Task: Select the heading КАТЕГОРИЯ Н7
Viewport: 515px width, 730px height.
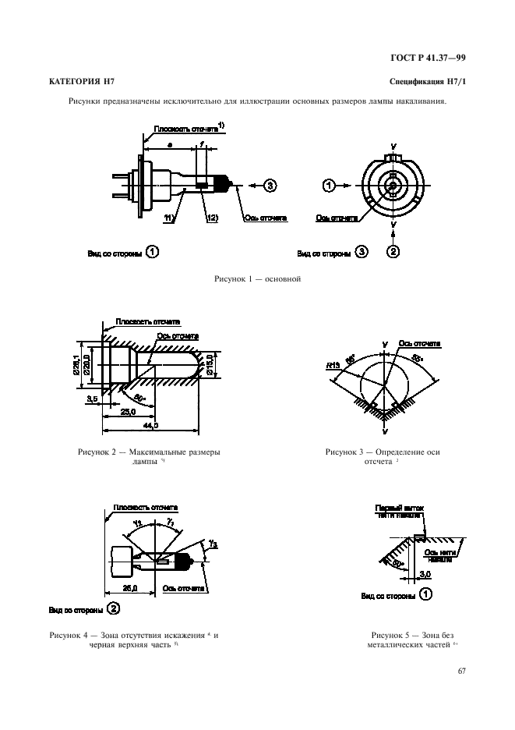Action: point(77,81)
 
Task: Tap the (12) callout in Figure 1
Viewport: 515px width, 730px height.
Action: point(211,218)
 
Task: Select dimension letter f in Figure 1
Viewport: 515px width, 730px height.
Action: point(201,145)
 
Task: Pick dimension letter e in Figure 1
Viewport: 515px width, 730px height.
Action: point(171,145)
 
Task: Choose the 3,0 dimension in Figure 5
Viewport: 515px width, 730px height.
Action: point(425,574)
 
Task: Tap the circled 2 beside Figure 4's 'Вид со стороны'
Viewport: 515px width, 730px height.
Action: point(113,608)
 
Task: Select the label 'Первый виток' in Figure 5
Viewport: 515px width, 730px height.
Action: point(398,506)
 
